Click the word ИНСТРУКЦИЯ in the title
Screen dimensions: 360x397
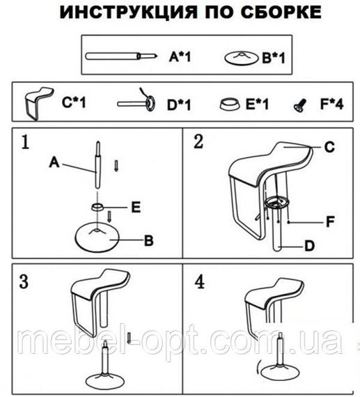click(128, 12)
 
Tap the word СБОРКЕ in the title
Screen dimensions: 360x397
click(281, 12)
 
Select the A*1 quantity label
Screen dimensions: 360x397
click(180, 56)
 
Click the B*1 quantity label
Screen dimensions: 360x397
click(274, 58)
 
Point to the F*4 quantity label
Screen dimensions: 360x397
click(332, 103)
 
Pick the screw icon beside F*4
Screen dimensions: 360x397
click(300, 106)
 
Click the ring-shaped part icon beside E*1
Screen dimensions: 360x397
click(229, 104)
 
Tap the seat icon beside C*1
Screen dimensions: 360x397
click(39, 103)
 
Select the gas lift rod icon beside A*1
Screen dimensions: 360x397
click(121, 56)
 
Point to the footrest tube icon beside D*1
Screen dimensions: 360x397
click(136, 101)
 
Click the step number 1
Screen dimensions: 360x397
click(25, 142)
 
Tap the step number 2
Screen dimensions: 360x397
click(198, 141)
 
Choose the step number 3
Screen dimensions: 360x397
click(24, 281)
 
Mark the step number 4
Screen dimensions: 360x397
click(199, 282)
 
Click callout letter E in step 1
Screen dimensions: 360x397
click(136, 208)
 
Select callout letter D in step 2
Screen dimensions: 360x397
click(309, 246)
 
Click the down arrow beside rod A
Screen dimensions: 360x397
click(116, 166)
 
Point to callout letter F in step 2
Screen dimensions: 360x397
click(330, 221)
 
